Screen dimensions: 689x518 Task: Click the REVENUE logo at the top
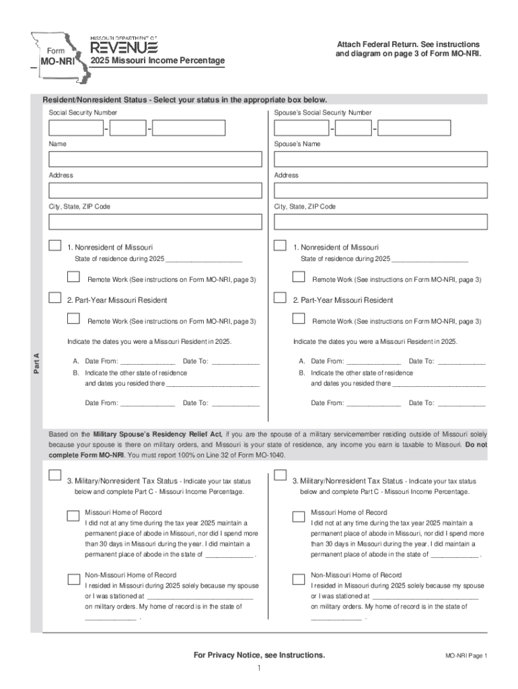[x=124, y=47]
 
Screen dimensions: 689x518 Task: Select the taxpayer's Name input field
[x=155, y=159]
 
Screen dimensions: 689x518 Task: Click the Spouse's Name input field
[x=380, y=159]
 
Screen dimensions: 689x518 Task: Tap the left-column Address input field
[x=155, y=190]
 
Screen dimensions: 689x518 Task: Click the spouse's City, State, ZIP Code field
[x=380, y=221]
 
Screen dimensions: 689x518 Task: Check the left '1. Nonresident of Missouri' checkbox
[x=54, y=247]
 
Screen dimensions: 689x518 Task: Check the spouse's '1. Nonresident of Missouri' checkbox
[x=281, y=247]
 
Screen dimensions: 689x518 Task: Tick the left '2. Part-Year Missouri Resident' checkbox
[x=54, y=298]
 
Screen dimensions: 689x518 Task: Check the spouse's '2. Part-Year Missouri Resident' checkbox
[x=281, y=298]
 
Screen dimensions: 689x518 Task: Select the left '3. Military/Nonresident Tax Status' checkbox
[x=54, y=476]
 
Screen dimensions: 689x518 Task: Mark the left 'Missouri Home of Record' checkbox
[x=73, y=516]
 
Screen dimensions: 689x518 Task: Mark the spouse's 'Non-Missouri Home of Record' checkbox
[x=299, y=579]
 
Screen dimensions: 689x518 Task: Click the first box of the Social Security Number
[x=75, y=128]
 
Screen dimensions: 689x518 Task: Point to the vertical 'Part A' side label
[x=38, y=363]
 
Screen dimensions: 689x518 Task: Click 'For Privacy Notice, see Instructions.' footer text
[x=259, y=655]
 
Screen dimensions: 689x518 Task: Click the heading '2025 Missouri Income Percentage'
[x=158, y=61]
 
